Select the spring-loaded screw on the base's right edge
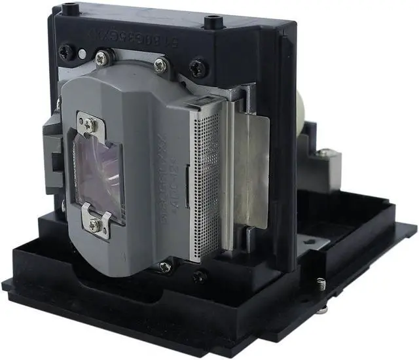[320, 283]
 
